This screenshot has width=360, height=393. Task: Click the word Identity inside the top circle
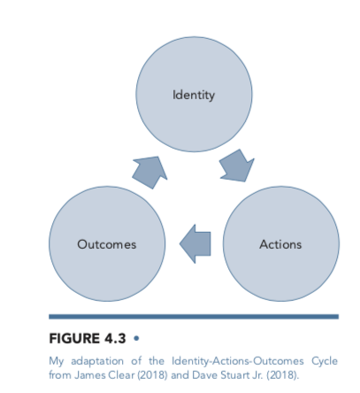coord(194,95)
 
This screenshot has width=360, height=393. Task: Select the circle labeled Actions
coord(280,244)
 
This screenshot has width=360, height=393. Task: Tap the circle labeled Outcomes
coord(107,244)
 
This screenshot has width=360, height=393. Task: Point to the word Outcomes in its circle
coord(107,244)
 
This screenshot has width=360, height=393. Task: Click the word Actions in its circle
coord(280,244)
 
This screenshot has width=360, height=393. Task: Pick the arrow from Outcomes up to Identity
coord(149,171)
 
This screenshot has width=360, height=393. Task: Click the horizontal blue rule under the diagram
coord(194,316)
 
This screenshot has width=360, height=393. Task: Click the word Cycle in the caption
coord(324,361)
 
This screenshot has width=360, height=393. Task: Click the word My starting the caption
coord(57,361)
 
